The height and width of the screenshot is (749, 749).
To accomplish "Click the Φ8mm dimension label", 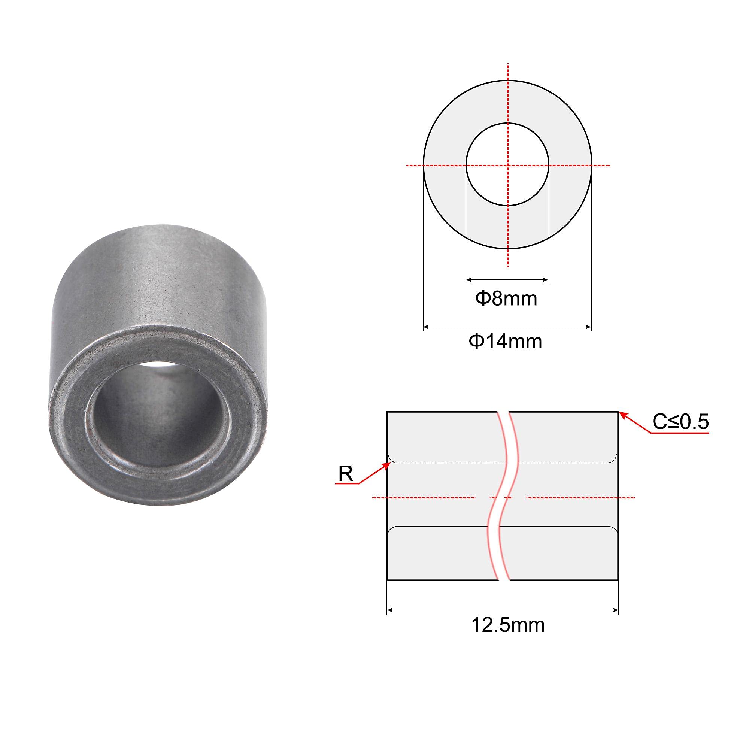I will tap(506, 299).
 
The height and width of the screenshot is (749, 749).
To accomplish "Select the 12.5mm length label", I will tap(508, 625).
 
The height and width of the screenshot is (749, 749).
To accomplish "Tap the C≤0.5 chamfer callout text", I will tap(680, 422).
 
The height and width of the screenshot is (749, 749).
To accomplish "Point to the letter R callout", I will tap(345, 474).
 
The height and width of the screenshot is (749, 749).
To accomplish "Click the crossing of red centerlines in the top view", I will tap(507, 166).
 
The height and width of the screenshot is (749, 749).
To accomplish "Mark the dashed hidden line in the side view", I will tap(446, 463).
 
